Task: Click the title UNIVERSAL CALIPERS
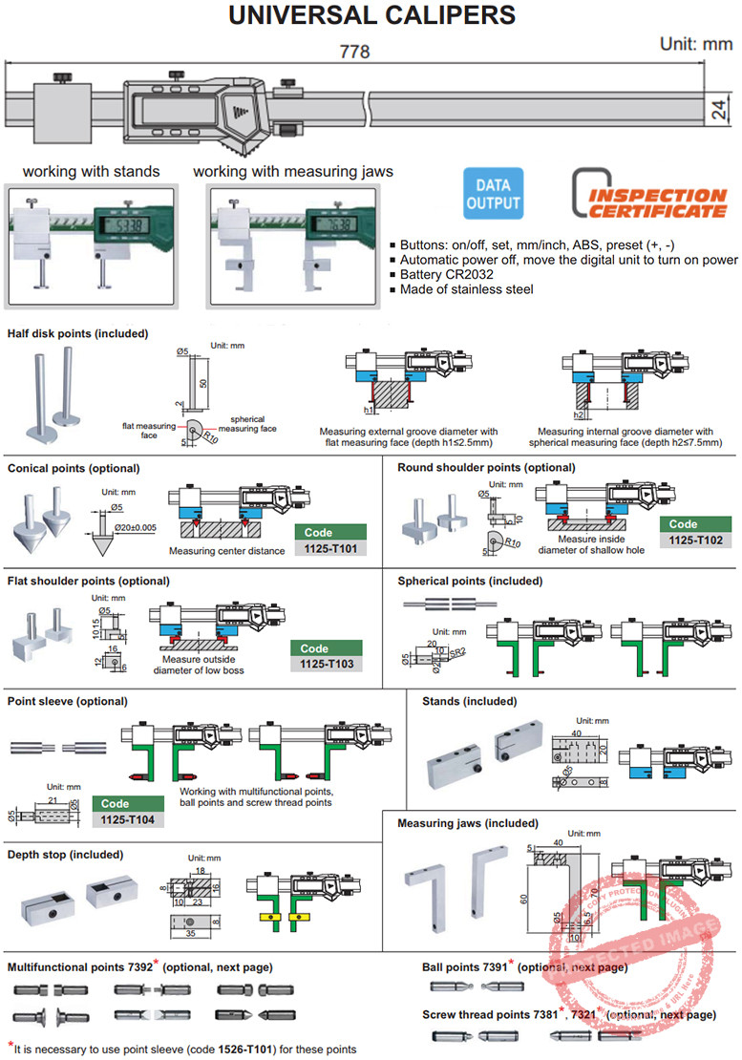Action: point(371,16)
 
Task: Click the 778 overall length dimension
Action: point(354,52)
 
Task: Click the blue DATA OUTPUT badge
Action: point(494,194)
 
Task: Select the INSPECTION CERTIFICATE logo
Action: point(649,194)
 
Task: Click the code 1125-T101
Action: point(330,549)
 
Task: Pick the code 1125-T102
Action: point(695,541)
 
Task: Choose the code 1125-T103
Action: point(327,664)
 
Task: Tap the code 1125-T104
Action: point(128,820)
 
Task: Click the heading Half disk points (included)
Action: point(78,334)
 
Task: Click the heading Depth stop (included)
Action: point(64,855)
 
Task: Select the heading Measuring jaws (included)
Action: point(468,823)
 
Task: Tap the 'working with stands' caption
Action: point(92,172)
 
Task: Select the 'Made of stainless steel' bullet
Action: point(466,289)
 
